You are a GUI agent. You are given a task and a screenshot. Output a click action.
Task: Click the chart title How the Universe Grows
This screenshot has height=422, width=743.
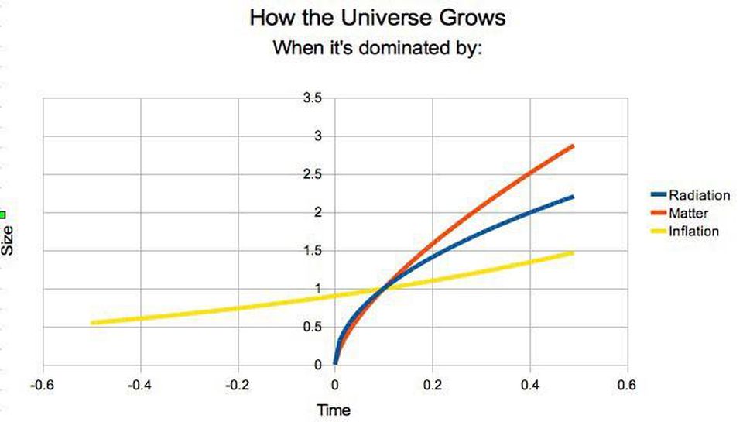[x=378, y=18]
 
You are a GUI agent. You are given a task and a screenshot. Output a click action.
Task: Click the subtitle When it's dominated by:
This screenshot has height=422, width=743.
[x=378, y=48]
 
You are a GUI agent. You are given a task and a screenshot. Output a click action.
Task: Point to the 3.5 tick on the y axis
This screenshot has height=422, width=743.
[x=313, y=98]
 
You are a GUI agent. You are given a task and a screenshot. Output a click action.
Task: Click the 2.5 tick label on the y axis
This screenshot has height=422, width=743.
[x=313, y=174]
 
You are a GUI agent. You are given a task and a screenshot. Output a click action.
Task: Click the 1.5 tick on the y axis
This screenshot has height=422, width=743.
[x=313, y=250]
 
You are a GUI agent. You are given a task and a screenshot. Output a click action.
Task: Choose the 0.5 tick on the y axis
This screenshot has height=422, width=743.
[x=313, y=326]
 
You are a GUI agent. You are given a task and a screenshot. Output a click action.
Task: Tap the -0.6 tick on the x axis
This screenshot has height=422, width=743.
[x=43, y=385]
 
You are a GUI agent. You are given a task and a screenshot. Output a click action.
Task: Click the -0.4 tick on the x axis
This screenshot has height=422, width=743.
[x=140, y=385]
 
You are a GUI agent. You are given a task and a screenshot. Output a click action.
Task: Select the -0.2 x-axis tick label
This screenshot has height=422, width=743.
[x=238, y=385]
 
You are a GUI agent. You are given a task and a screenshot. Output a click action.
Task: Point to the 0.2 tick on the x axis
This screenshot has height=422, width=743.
[x=433, y=385]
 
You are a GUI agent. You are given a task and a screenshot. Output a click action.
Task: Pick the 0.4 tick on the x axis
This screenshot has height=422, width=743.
[x=530, y=385]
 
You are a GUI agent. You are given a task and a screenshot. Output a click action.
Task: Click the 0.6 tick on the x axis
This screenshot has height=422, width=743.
[x=628, y=385]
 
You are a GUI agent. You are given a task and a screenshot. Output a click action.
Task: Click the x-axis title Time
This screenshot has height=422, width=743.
[x=334, y=410]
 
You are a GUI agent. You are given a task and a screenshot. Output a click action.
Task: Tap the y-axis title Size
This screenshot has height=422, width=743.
[x=9, y=240]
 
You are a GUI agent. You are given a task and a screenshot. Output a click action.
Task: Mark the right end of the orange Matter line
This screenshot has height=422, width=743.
[x=574, y=146]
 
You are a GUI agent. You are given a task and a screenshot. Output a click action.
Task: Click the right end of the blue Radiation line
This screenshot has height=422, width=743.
[x=574, y=197]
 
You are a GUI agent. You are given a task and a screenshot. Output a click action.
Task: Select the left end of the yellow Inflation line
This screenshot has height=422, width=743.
[x=92, y=322]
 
